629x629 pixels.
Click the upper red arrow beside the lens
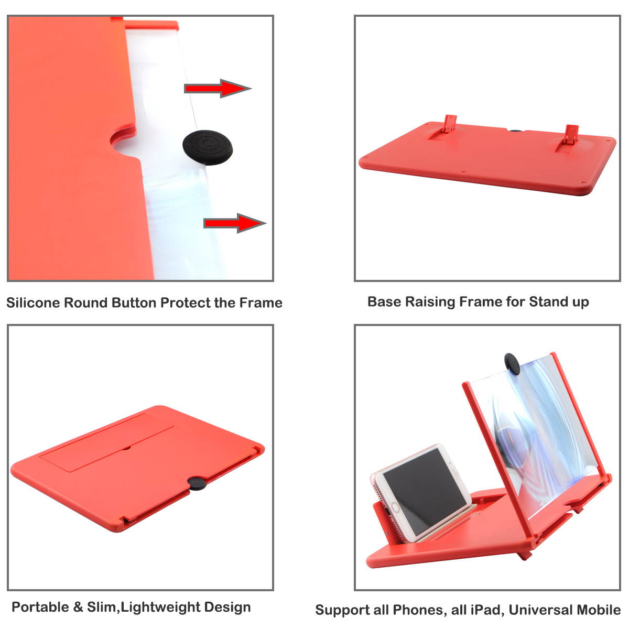point(218,88)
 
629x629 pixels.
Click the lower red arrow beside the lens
point(235,223)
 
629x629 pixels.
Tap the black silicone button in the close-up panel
point(208,147)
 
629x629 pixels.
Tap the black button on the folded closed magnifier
point(197,483)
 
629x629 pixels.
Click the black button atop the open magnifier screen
point(512,363)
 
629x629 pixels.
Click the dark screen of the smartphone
point(425,480)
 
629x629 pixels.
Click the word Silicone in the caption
point(34,302)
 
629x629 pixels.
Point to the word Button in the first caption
point(134,302)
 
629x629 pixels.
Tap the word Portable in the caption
point(40,607)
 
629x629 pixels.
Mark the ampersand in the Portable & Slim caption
point(78,607)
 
